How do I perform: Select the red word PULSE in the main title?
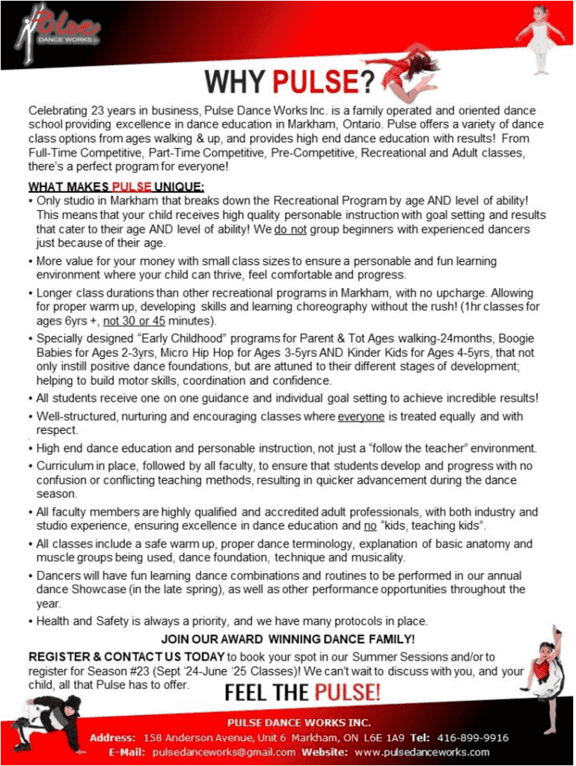316,82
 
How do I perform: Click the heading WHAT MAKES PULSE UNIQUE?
116,186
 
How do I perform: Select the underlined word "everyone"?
362,416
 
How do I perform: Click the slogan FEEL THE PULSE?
303,692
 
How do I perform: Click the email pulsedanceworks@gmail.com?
221,751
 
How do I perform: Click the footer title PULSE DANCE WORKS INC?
299,722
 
